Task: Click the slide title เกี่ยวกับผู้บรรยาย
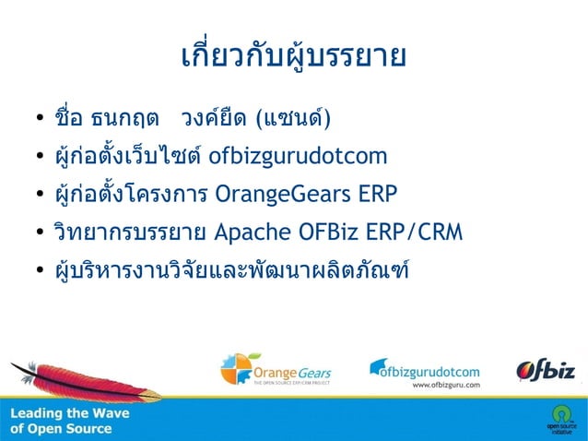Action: coord(293,56)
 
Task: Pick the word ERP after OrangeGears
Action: coord(382,195)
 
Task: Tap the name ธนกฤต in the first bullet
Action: coord(123,120)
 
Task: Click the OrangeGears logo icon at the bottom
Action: coord(235,369)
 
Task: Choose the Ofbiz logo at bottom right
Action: coord(546,370)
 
